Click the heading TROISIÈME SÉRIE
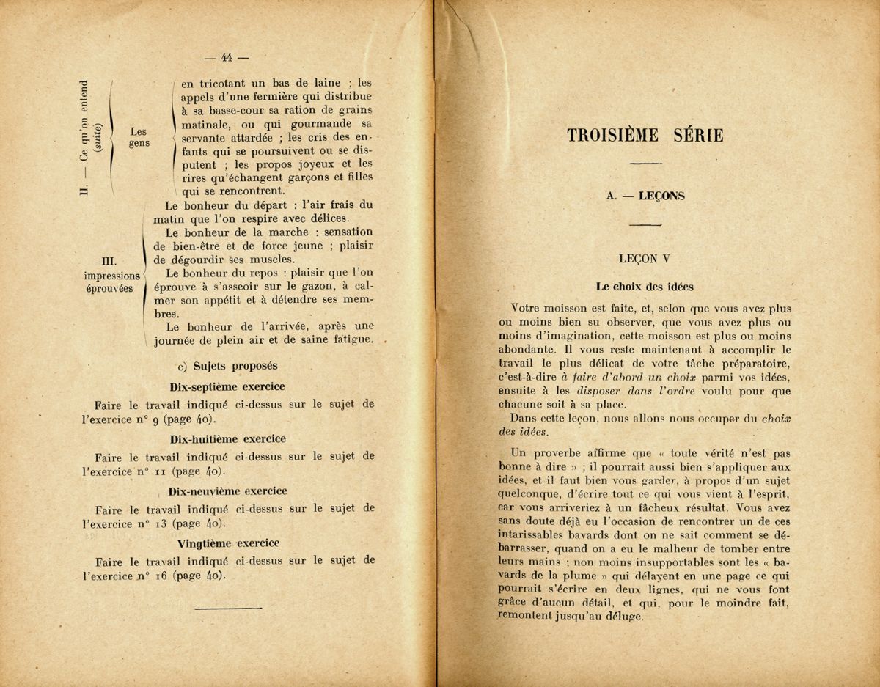tap(645, 136)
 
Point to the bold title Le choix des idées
tap(645, 287)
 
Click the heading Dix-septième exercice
tap(227, 386)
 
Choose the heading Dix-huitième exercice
tap(227, 438)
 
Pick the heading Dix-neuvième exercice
tap(227, 491)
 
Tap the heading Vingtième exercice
tap(228, 543)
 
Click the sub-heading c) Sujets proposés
tap(227, 365)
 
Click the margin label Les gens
tap(139, 137)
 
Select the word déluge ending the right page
tap(625, 617)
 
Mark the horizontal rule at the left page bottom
tap(224, 606)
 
